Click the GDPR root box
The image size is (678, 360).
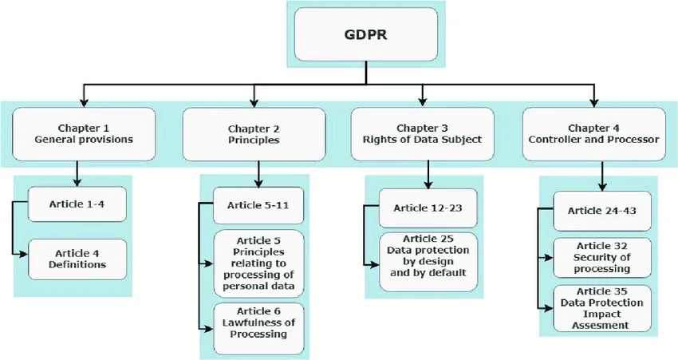tap(366, 37)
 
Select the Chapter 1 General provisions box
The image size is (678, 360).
tap(84, 133)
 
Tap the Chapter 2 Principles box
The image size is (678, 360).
tap(254, 133)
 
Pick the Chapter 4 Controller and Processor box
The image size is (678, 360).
tap(592, 133)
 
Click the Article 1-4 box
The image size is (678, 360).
tap(77, 204)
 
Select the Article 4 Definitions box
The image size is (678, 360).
tap(77, 259)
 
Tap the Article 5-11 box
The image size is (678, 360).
tap(258, 205)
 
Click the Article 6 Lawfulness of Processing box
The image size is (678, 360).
tap(258, 328)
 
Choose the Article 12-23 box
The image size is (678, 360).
tap(428, 209)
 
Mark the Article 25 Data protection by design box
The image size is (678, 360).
tap(428, 255)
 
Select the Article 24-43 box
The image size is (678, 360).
tap(597, 211)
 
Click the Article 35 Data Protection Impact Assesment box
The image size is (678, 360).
tap(597, 308)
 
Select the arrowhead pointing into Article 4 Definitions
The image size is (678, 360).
tap(24, 255)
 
